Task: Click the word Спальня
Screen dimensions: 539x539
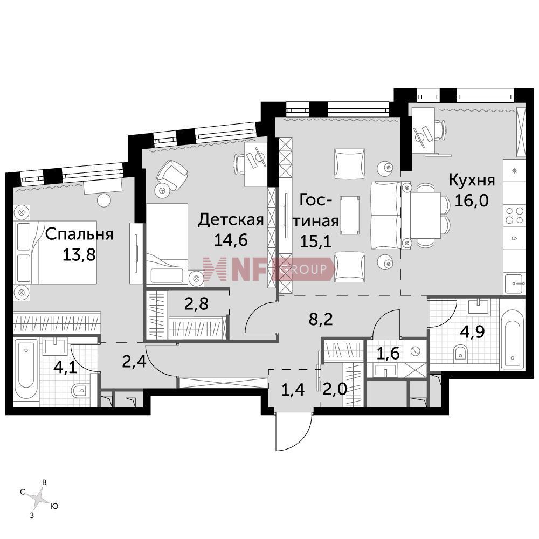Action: pyautogui.click(x=79, y=234)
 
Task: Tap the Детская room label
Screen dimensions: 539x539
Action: pyautogui.click(x=231, y=220)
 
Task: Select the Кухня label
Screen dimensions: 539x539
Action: pyautogui.click(x=472, y=181)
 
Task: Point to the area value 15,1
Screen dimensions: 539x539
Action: pyautogui.click(x=315, y=241)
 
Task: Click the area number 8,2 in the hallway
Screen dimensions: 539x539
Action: pyautogui.click(x=321, y=319)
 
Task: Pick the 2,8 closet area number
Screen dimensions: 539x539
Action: pyautogui.click(x=196, y=304)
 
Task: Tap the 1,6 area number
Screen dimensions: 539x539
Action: pyautogui.click(x=388, y=353)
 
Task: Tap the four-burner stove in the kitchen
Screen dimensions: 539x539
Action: pyautogui.click(x=514, y=215)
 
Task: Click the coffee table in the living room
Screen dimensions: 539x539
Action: pyautogui.click(x=350, y=216)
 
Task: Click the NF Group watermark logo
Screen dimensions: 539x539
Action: pyautogui.click(x=268, y=268)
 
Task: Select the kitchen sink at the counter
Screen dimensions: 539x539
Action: pyautogui.click(x=515, y=284)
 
